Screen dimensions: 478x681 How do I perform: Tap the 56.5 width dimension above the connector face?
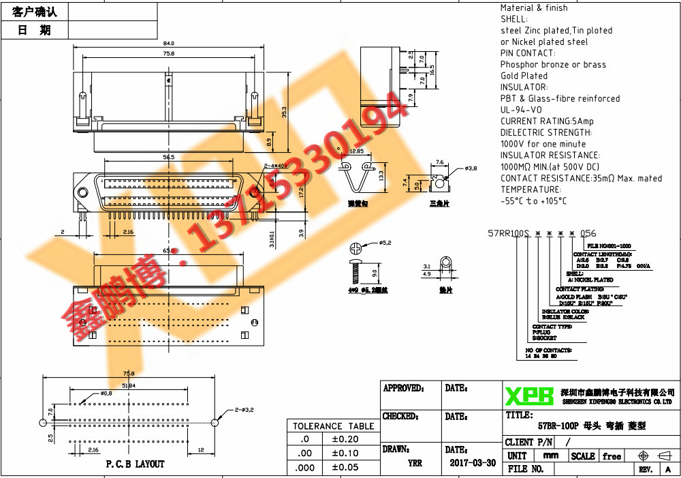click(168, 157)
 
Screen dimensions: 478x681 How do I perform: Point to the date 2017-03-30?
click(473, 462)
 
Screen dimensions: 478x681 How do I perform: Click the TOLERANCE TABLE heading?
click(333, 426)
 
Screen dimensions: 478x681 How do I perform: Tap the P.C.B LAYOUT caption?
click(135, 464)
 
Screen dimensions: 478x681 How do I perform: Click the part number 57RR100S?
click(509, 233)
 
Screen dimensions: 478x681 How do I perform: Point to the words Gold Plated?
click(524, 76)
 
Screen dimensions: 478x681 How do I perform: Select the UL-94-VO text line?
click(521, 110)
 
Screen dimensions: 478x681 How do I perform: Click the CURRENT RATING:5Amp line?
click(547, 121)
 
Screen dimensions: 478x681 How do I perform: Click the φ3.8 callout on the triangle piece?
click(471, 168)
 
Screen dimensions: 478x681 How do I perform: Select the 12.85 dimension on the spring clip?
click(356, 151)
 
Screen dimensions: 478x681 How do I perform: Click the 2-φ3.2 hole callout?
click(244, 410)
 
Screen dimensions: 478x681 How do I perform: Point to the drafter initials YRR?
click(414, 463)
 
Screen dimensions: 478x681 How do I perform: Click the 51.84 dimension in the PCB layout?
click(128, 385)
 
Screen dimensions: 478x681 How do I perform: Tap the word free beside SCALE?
click(612, 456)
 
